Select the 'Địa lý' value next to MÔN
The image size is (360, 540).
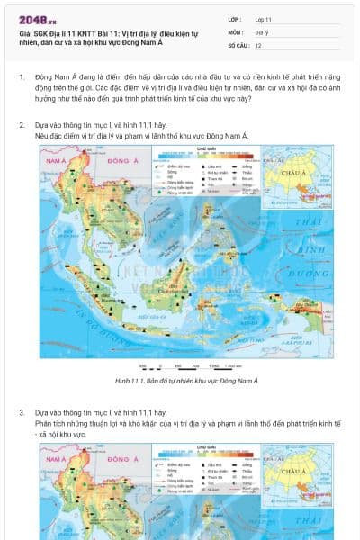(261, 31)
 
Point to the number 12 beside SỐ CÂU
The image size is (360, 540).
(258, 44)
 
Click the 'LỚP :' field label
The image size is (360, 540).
(235, 19)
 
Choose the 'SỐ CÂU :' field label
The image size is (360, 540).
(238, 44)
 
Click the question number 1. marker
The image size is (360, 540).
(22, 77)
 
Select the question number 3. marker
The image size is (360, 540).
(22, 412)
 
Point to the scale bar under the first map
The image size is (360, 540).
(180, 365)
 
